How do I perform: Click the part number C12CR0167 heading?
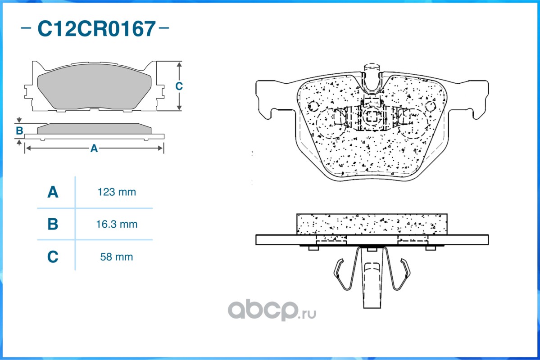[96, 29]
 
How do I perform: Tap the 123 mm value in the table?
[117, 192]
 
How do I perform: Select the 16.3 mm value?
[117, 224]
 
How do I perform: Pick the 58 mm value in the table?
[117, 257]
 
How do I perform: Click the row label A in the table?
[53, 192]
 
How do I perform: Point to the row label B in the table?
[53, 224]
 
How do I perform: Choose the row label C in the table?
[53, 257]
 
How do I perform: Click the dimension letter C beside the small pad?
[179, 86]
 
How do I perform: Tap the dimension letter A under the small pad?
[94, 148]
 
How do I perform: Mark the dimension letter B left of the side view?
[19, 131]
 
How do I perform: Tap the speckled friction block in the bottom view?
[372, 224]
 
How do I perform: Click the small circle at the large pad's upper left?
[313, 106]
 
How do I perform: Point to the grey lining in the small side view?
[94, 129]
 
